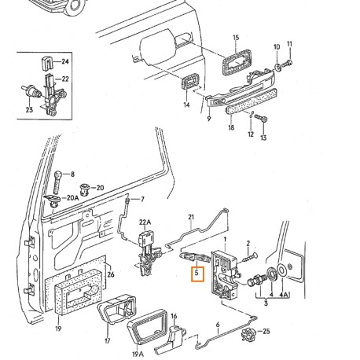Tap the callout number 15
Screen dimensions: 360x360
click(x=234, y=37)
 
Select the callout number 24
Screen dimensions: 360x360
click(x=65, y=61)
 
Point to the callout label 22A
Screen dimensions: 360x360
click(x=144, y=223)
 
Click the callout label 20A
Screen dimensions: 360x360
click(x=72, y=198)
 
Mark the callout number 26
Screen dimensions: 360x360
click(x=110, y=274)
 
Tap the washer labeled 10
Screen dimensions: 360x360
click(x=277, y=66)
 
